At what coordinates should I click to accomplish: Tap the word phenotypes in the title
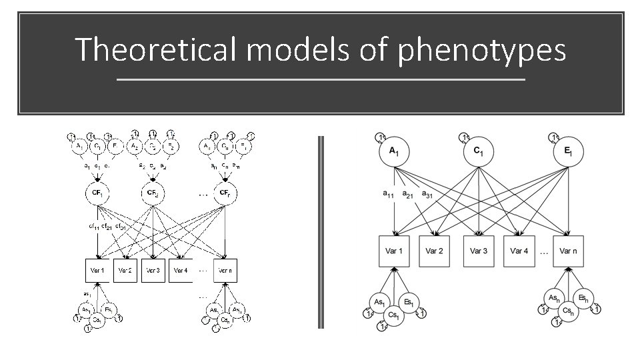[x=482, y=51]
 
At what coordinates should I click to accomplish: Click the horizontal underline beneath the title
[x=321, y=80]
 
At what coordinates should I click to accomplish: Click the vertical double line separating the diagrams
[x=321, y=232]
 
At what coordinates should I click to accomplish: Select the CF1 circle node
[x=97, y=195]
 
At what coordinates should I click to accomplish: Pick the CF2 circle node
[x=153, y=195]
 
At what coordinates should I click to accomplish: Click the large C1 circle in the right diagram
[x=478, y=152]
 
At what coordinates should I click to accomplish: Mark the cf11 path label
[x=94, y=227]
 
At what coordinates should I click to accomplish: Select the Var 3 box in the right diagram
[x=478, y=251]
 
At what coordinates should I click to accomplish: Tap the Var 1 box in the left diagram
[x=97, y=270]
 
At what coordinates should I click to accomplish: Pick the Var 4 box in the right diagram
[x=519, y=251]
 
